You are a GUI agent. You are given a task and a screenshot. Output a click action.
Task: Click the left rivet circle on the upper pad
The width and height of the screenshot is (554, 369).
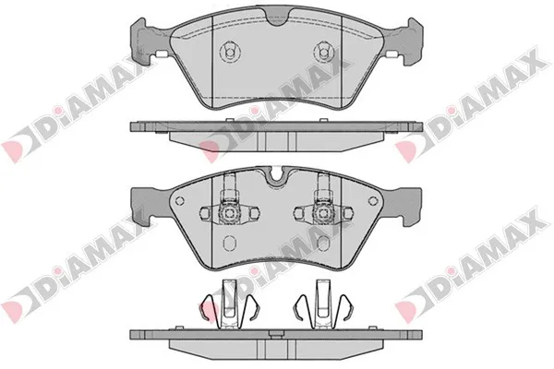tap(229, 53)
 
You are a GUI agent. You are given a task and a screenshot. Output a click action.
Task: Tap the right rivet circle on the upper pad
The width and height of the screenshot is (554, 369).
tap(322, 53)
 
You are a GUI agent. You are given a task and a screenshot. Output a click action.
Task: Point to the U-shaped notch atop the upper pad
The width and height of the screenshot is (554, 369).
tap(277, 18)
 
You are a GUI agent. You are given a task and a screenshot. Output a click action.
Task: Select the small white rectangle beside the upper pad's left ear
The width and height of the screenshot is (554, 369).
tap(162, 54)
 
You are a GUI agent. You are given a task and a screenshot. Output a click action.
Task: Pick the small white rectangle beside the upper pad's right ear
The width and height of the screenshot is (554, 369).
tap(391, 54)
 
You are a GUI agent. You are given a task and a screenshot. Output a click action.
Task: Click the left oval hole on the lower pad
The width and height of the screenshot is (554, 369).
tap(229, 243)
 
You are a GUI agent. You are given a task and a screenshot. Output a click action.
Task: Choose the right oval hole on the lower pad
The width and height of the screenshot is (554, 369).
tap(323, 243)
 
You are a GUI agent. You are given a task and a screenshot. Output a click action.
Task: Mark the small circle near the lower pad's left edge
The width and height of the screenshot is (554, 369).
tap(180, 201)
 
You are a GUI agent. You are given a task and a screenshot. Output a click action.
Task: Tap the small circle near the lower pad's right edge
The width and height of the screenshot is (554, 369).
tap(372, 201)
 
